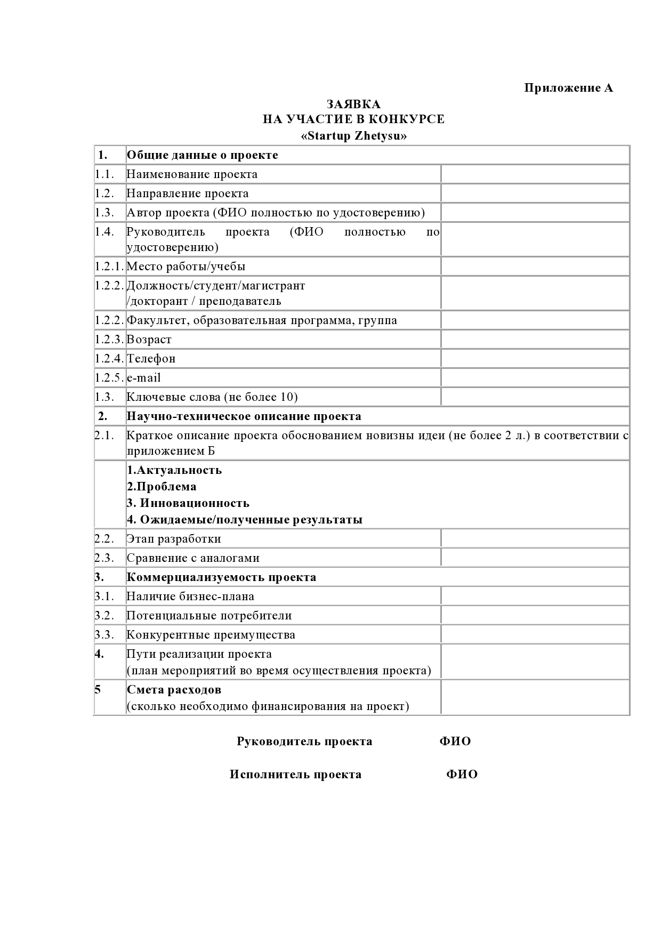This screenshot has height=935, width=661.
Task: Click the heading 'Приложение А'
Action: tap(568, 88)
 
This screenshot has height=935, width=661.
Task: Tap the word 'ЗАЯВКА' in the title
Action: tap(353, 104)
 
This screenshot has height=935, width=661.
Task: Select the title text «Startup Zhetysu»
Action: tap(353, 136)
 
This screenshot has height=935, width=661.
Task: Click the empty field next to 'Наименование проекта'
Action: tap(535, 174)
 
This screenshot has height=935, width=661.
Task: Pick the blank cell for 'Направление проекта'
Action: tap(535, 194)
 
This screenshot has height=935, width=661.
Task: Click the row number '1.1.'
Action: tap(105, 174)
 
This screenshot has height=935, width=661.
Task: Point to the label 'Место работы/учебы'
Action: tap(186, 267)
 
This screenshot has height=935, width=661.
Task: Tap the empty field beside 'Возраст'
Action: tap(535, 340)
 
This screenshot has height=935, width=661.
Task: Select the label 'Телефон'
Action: tap(151, 359)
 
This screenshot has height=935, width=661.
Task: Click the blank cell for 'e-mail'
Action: tap(535, 378)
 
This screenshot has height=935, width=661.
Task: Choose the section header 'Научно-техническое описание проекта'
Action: tap(244, 416)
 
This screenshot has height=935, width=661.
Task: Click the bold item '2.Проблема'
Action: tap(162, 487)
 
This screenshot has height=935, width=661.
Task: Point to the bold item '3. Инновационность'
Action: tap(188, 503)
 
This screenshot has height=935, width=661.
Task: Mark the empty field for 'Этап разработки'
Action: tap(535, 539)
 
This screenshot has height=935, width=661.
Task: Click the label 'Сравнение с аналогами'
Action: tap(193, 558)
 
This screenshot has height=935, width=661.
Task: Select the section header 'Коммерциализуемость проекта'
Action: tap(221, 577)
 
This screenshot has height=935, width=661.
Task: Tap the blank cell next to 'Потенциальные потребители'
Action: tap(535, 616)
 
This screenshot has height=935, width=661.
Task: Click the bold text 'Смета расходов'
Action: tap(174, 690)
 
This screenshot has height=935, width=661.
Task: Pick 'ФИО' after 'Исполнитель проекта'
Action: tap(462, 775)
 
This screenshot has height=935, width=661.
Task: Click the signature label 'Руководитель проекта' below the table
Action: tap(304, 741)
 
